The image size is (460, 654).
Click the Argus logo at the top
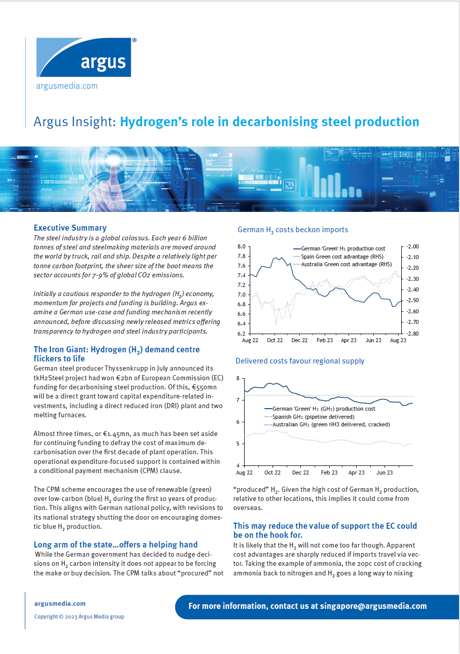pyautogui.click(x=84, y=57)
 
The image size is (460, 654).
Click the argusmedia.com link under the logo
pyautogui.click(x=67, y=86)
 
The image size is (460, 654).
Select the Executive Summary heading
pyautogui.click(x=70, y=228)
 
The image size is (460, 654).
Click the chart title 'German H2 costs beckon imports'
pyautogui.click(x=293, y=230)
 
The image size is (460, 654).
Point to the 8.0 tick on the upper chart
pyautogui.click(x=241, y=246)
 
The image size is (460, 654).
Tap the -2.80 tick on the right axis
pyautogui.click(x=412, y=334)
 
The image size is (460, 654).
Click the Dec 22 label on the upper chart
pyautogui.click(x=299, y=341)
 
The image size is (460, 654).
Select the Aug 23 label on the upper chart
pyautogui.click(x=398, y=341)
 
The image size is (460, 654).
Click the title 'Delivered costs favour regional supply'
pyautogui.click(x=300, y=361)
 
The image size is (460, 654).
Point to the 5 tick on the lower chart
pyautogui.click(x=239, y=444)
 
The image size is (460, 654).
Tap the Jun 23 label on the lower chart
pyautogui.click(x=385, y=473)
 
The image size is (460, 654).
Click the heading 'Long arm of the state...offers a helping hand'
pyautogui.click(x=116, y=544)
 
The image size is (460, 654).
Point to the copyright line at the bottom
pyautogui.click(x=79, y=616)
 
